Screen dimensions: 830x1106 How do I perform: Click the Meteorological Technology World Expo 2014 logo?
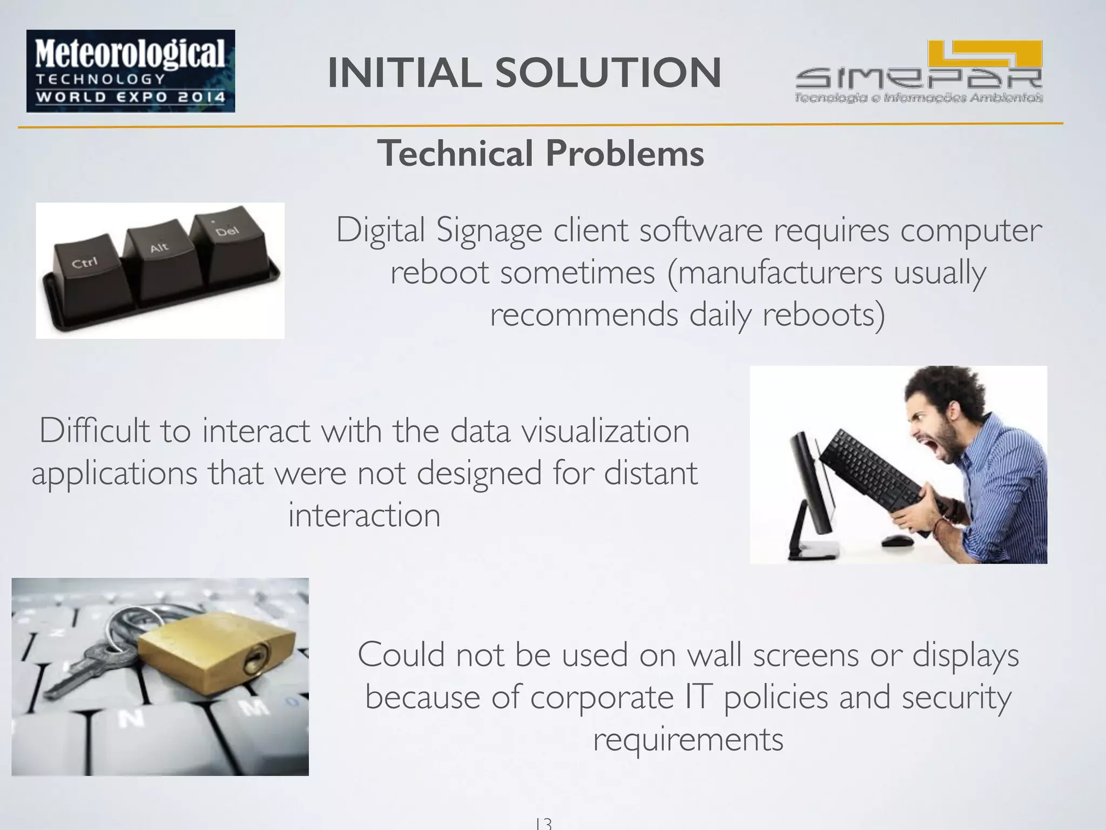131,71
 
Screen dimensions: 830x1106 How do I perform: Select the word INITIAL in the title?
404,73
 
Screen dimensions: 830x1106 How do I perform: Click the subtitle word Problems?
625,154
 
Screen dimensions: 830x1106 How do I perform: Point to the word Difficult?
95,431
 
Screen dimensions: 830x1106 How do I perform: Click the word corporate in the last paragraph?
602,698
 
